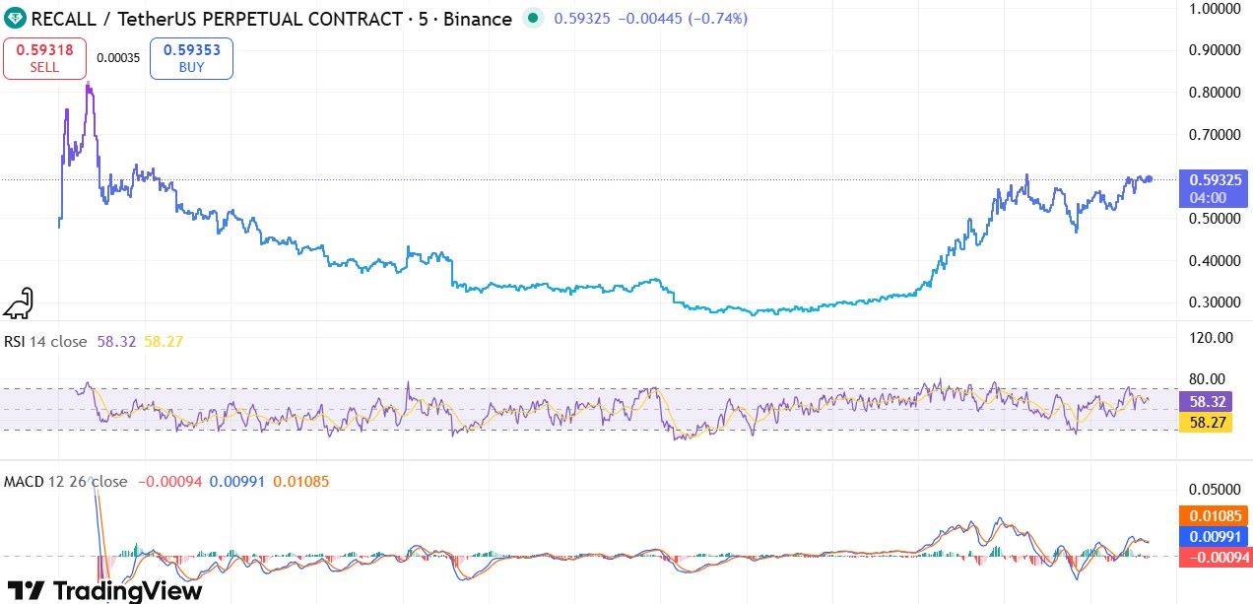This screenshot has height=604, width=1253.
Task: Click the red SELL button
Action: [x=44, y=58]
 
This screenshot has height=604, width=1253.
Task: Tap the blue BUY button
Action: [x=191, y=58]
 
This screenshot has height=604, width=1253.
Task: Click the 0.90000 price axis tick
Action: [x=1214, y=50]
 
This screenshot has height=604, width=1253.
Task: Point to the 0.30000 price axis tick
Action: [x=1214, y=302]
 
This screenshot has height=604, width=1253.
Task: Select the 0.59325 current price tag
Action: [x=1214, y=180]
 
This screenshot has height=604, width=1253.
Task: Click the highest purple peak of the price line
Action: [x=89, y=86]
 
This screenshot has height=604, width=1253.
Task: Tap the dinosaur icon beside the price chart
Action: [x=18, y=304]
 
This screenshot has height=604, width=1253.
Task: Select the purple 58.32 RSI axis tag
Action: [x=1208, y=402]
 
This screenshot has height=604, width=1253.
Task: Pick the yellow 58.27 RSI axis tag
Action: [x=1208, y=422]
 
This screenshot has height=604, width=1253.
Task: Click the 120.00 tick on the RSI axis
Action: [x=1212, y=338]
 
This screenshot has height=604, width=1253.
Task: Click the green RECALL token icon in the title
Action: [x=15, y=18]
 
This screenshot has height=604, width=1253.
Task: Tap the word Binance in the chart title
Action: [x=479, y=19]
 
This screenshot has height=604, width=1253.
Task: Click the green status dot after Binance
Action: [x=533, y=18]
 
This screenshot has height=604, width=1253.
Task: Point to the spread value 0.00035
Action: [x=117, y=58]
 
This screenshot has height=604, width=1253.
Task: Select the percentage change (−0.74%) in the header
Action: [x=711, y=19]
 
